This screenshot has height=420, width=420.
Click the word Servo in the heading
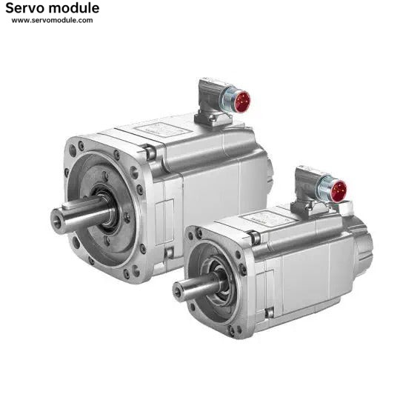coord(22,8)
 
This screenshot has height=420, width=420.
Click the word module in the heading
coord(71,8)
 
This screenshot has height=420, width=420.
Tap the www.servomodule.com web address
coord(53,20)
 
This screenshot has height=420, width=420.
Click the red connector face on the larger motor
coord(241,101)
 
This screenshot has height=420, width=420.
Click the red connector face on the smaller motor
coord(338,191)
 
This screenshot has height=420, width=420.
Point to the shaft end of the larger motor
coord(58,221)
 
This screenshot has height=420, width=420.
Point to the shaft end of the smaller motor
coord(178,291)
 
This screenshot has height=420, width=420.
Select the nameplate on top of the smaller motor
coord(267,217)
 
